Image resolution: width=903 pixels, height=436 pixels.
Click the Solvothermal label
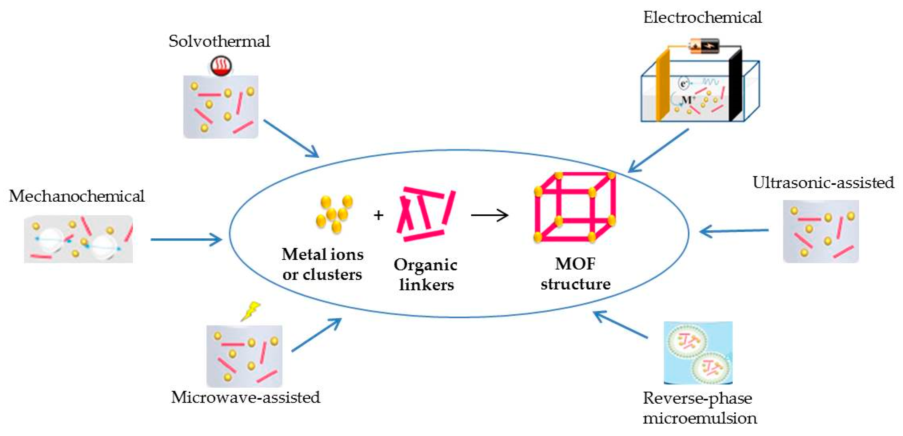[x=220, y=41]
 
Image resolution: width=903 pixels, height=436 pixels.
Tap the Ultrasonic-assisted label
[x=823, y=182]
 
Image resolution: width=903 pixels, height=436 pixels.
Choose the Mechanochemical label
[x=77, y=196]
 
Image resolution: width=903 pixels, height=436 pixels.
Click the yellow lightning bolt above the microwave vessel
[x=250, y=311]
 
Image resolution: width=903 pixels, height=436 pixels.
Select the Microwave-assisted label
[x=245, y=397]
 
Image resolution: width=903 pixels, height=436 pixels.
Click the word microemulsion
[x=700, y=418]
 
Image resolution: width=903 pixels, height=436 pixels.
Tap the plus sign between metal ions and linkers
[x=379, y=215]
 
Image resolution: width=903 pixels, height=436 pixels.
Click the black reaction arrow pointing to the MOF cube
[x=490, y=215]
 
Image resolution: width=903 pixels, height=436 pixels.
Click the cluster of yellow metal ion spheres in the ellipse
[x=334, y=214]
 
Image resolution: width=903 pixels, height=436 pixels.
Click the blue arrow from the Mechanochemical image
[x=186, y=239]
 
